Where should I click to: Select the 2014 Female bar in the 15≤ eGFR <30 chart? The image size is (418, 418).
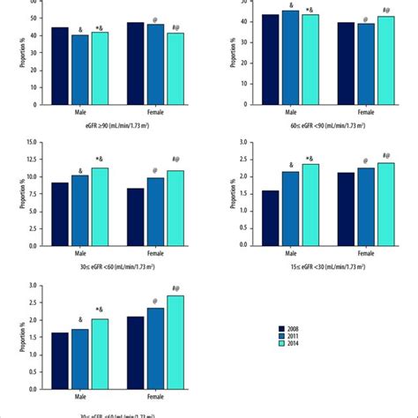(x=386, y=204)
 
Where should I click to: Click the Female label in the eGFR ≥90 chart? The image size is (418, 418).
(x=155, y=112)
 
